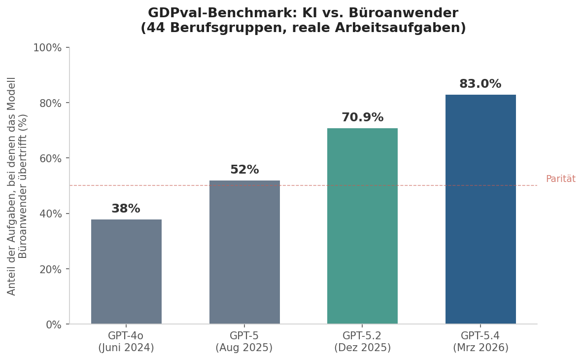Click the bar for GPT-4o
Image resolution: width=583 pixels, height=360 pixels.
click(126, 272)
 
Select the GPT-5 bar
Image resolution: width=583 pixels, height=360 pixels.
click(244, 252)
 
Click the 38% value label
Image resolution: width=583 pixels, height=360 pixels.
click(126, 209)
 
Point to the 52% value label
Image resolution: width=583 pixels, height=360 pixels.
click(244, 170)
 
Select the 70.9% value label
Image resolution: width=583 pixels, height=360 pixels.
click(362, 118)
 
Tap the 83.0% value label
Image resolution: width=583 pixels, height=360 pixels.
click(480, 84)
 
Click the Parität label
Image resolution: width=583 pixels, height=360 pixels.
click(560, 179)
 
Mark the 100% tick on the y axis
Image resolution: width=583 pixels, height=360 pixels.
click(47, 48)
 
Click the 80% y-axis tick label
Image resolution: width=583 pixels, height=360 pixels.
click(50, 103)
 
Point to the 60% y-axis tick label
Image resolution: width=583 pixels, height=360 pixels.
click(50, 158)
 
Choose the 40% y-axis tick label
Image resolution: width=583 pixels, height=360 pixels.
click(50, 214)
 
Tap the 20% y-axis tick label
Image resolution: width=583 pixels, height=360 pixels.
click(50, 269)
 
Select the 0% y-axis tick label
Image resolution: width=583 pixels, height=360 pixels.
click(53, 324)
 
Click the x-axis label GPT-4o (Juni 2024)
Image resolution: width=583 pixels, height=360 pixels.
click(126, 342)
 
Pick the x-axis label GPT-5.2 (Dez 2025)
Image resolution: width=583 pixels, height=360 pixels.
click(362, 342)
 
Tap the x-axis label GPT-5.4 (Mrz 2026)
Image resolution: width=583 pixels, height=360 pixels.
click(480, 342)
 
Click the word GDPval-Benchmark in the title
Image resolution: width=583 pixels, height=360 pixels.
click(211, 13)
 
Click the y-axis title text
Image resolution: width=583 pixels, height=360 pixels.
click(18, 186)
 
